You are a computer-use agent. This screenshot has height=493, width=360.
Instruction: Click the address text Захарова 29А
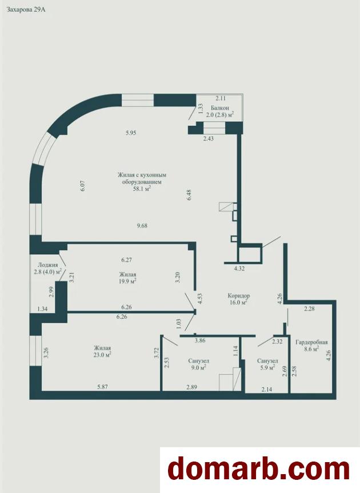coord(26,9)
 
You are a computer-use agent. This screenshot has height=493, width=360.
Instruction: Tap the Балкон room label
coord(220,108)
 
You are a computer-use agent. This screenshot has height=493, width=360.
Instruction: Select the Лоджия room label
coord(47,265)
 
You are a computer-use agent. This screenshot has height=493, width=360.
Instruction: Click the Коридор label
coord(239,296)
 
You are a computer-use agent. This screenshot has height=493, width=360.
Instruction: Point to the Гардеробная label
coord(311,342)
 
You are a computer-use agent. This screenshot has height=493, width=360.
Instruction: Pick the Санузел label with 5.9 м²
coord(267,361)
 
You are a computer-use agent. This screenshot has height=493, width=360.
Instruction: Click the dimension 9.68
coord(142,225)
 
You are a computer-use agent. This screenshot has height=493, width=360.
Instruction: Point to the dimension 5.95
coord(130,133)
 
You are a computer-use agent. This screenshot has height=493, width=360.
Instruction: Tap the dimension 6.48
coord(189,194)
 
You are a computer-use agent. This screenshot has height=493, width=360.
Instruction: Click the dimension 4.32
coord(239,268)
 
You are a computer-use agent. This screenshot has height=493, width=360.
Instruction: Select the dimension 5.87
coord(103,387)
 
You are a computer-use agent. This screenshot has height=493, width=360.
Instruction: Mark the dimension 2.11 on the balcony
coord(221,98)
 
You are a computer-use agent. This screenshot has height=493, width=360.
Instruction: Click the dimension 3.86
coord(200,340)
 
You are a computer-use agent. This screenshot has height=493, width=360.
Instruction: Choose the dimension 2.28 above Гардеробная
coord(309,309)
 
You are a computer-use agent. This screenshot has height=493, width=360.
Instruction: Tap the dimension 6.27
coord(126,260)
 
